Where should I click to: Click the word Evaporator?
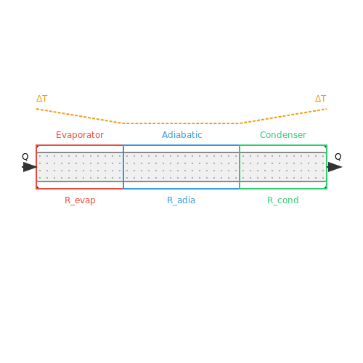(x=80, y=135)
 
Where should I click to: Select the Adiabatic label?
(x=182, y=135)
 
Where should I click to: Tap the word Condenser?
(x=283, y=135)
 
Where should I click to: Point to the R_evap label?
(x=80, y=200)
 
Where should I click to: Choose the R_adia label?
(x=181, y=200)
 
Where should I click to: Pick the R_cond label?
(x=283, y=200)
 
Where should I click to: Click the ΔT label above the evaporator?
(x=42, y=99)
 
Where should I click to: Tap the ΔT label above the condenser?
(x=321, y=99)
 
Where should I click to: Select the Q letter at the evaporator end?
(x=25, y=157)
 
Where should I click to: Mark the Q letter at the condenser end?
(x=338, y=157)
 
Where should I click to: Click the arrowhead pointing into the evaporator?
(x=30, y=167)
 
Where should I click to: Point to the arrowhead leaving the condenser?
(x=335, y=167)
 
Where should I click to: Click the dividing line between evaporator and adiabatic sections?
(x=123, y=167)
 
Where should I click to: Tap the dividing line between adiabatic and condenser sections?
(x=240, y=167)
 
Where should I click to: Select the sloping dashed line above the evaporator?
(x=80, y=116)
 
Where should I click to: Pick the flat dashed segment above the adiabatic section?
(x=181, y=123)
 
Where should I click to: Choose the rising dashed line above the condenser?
(x=283, y=116)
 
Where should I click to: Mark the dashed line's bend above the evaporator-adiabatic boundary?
(x=123, y=123)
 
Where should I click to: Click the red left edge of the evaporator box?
(x=36, y=167)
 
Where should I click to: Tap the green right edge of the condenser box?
(x=327, y=167)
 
